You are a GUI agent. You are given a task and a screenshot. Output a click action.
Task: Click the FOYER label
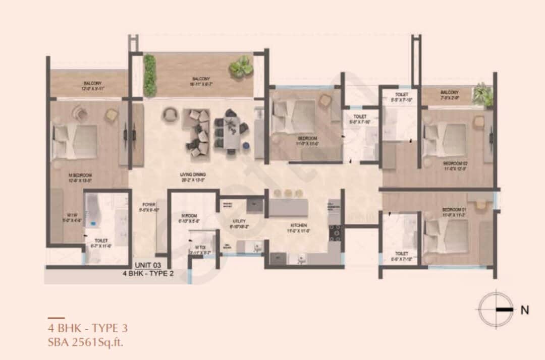coord(148,205)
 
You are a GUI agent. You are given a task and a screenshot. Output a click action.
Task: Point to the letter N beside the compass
coord(525,310)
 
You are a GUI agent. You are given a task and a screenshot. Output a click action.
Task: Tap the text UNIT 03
coord(149,265)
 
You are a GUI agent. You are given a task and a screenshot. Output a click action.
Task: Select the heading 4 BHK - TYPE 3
coord(88,328)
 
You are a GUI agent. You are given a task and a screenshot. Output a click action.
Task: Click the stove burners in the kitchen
coord(335,232)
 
